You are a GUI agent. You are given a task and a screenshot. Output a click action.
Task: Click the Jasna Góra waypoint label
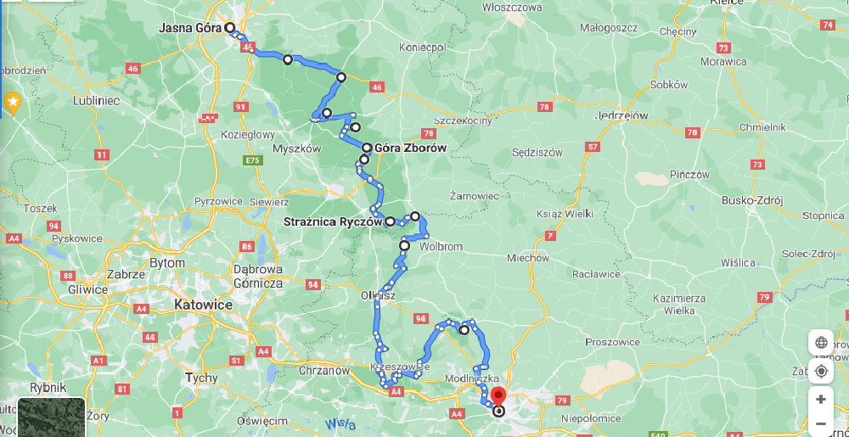(190, 28)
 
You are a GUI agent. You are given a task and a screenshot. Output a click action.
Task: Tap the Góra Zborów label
(410, 148)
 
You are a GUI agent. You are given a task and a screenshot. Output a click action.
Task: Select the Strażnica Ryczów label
(333, 222)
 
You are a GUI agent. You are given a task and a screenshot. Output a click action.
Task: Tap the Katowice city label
(202, 304)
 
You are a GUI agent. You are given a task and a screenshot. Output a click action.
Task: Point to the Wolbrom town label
(441, 247)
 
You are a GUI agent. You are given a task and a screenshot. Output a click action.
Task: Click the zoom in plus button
(821, 399)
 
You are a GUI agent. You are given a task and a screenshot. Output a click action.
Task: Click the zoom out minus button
(821, 423)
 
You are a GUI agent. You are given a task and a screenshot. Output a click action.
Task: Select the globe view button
(821, 343)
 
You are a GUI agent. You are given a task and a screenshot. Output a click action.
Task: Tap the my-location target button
(821, 371)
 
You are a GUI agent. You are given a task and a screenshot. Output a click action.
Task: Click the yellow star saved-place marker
(13, 102)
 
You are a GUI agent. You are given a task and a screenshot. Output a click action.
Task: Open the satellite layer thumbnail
(51, 417)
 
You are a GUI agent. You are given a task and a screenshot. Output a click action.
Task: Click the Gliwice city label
(89, 289)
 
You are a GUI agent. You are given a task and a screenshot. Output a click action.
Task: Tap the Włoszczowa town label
(512, 7)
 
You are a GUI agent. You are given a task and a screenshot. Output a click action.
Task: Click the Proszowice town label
(612, 342)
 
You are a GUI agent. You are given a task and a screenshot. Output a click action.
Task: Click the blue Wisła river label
(340, 423)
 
